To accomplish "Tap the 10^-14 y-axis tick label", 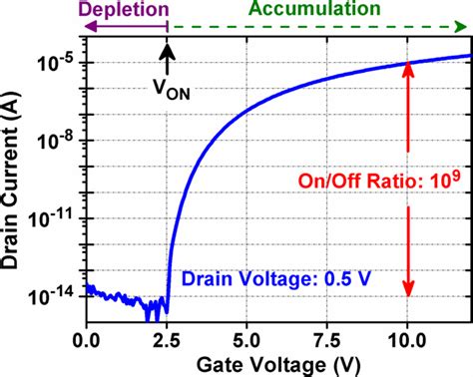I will coord(60,294).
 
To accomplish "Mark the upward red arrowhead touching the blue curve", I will coord(406,72).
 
